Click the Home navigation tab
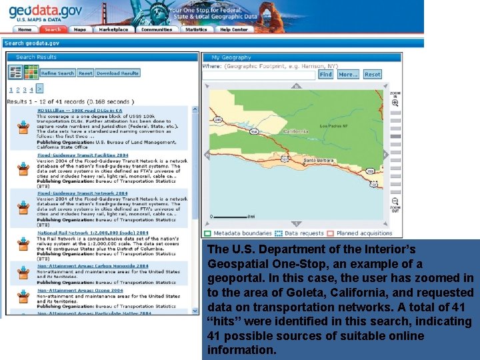(25, 29)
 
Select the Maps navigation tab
(79, 29)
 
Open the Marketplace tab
(113, 29)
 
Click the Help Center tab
(234, 29)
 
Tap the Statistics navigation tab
(196, 29)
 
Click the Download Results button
(117, 73)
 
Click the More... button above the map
(347, 75)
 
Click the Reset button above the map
(372, 75)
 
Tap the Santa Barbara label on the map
(319, 161)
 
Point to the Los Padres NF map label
(334, 125)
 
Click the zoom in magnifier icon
(395, 103)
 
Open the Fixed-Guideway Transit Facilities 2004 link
(83, 155)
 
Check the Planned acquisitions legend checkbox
(330, 233)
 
